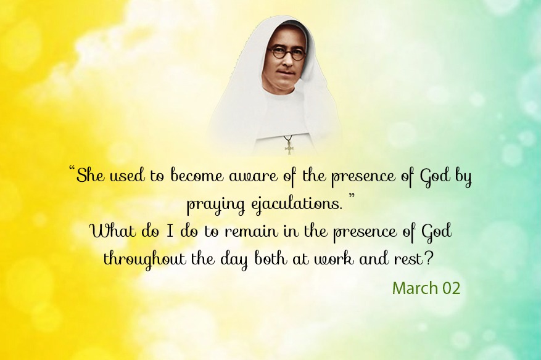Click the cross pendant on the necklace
coord(289,147)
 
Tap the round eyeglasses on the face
coord(287,54)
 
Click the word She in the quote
coord(89,175)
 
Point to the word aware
coord(254,176)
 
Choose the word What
coord(112,231)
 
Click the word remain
coord(251,231)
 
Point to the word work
coord(333,259)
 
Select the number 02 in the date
coord(452,288)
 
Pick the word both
coord(270,258)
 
